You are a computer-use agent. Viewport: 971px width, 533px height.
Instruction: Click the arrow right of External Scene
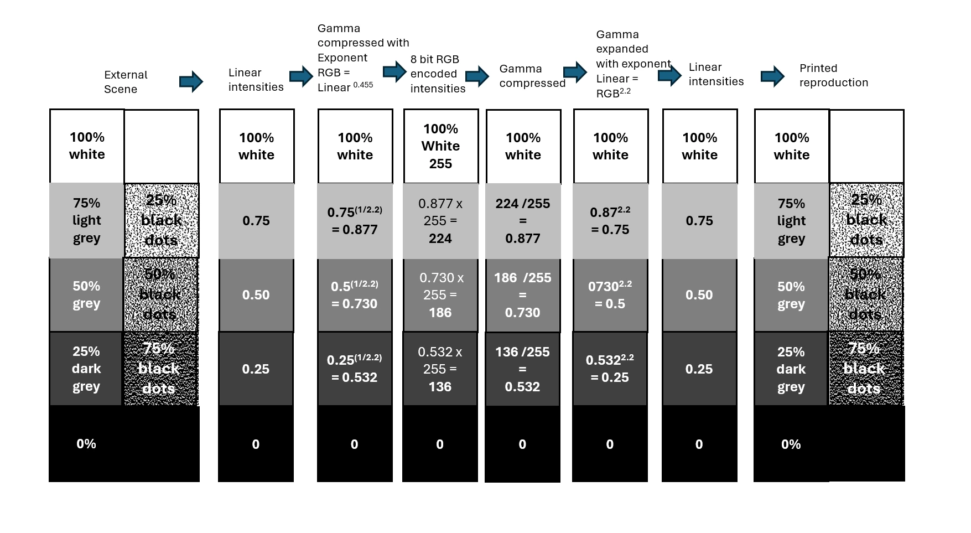(x=191, y=82)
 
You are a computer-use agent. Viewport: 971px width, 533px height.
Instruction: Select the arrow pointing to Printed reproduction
(x=772, y=76)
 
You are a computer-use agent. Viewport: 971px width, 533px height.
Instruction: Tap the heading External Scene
(x=126, y=82)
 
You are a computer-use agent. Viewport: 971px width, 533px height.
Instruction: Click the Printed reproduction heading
(x=833, y=75)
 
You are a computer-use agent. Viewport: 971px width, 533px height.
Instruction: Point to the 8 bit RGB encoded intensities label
(x=437, y=74)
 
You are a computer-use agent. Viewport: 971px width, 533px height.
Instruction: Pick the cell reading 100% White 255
(x=440, y=146)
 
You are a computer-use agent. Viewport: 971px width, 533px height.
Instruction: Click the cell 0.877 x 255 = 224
(x=440, y=221)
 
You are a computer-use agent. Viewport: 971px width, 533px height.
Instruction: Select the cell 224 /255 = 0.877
(x=523, y=221)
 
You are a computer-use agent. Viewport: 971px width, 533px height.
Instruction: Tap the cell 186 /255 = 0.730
(x=523, y=295)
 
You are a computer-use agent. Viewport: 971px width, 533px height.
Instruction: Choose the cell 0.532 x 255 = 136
(x=440, y=369)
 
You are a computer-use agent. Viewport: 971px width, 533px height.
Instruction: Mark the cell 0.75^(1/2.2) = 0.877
(x=355, y=220)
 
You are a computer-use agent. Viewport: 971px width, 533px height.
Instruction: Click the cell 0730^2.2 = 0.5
(x=610, y=295)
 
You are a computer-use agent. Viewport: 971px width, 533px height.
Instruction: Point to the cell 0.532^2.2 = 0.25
(x=610, y=369)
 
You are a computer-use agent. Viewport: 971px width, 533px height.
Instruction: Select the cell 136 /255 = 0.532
(x=522, y=369)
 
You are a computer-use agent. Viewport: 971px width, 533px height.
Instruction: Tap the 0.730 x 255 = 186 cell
(x=440, y=295)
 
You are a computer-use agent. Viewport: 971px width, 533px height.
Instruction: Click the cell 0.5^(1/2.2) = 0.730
(x=355, y=295)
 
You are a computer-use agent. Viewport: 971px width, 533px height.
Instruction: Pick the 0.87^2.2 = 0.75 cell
(x=610, y=220)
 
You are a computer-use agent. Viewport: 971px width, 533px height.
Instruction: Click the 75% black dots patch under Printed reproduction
(x=865, y=369)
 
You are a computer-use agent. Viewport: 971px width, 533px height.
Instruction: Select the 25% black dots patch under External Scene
(x=161, y=220)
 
